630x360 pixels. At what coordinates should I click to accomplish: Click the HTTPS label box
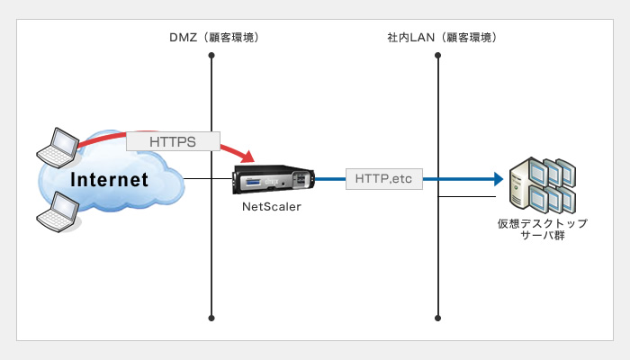click(x=173, y=141)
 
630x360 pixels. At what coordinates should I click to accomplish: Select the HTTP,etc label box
click(x=384, y=179)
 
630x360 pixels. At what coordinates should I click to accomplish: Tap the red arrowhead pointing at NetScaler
click(x=247, y=156)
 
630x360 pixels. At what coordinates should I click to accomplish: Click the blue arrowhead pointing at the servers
click(x=499, y=179)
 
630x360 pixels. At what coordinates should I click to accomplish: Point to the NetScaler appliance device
click(x=274, y=180)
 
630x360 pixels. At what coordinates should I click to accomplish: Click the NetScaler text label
click(x=272, y=206)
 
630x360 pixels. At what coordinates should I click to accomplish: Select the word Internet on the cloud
click(x=109, y=180)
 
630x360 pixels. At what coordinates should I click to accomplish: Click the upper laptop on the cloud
click(x=58, y=148)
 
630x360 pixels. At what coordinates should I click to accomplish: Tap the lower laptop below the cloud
click(x=58, y=212)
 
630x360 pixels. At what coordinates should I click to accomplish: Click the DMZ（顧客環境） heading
click(x=214, y=38)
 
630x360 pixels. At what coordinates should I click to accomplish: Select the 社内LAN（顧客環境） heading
click(x=442, y=38)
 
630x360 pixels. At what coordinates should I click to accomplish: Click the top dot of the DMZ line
click(x=211, y=55)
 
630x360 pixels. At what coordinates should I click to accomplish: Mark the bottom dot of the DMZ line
click(x=211, y=319)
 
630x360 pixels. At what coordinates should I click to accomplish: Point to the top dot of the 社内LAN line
click(x=438, y=55)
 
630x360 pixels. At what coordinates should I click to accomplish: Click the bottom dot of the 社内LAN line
click(x=438, y=319)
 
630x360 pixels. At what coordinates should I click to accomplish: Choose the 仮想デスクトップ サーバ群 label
click(x=543, y=229)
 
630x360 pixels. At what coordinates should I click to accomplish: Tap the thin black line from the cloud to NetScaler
click(x=208, y=179)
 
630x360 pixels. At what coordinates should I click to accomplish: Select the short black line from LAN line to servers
click(x=467, y=197)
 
